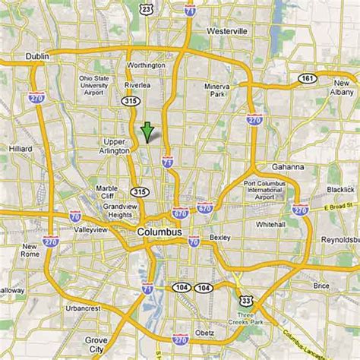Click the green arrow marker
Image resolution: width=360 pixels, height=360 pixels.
[147, 131]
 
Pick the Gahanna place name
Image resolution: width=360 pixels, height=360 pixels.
[289, 166]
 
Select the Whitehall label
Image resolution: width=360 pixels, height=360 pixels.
[270, 224]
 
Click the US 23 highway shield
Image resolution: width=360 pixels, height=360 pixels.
[145, 7]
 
